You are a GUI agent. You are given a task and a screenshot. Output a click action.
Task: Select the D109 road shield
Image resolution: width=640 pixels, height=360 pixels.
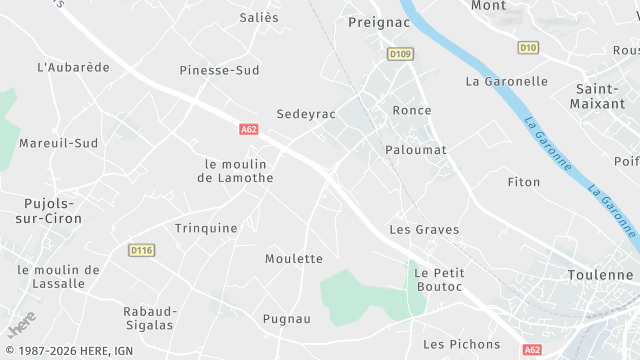[x=400, y=54]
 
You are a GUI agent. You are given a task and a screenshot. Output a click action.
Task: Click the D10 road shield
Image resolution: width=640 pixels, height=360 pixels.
[x=528, y=47]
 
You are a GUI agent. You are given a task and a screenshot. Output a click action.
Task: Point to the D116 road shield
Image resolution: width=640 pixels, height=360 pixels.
[x=141, y=250]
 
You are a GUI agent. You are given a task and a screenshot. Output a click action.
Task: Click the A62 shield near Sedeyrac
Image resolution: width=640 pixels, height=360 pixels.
[x=250, y=129]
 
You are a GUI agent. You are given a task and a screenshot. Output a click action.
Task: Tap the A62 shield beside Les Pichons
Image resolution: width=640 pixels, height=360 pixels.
[x=532, y=349]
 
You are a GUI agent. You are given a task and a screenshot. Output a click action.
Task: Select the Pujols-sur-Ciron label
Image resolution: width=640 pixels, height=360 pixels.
[x=50, y=210]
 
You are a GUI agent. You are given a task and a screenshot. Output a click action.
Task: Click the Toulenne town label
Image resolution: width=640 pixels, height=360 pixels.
[x=599, y=274]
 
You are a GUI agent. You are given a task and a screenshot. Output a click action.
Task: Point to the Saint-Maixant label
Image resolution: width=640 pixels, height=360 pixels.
[x=597, y=95]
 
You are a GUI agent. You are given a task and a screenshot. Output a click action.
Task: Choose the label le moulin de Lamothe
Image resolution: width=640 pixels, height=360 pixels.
[x=239, y=170]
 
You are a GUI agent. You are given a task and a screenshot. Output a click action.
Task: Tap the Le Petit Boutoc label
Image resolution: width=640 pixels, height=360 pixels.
[x=437, y=279]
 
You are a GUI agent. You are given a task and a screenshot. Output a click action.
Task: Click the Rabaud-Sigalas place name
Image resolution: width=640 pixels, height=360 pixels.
[x=149, y=317]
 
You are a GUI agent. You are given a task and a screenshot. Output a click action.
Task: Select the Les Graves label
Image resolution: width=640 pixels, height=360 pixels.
[x=424, y=229]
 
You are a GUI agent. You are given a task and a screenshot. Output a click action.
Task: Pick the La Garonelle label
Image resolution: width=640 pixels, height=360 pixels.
[x=507, y=81]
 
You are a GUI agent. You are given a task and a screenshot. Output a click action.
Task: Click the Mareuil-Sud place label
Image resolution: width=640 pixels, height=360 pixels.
[x=58, y=143]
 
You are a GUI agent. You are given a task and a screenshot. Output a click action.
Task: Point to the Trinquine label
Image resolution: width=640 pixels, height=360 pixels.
[x=206, y=228]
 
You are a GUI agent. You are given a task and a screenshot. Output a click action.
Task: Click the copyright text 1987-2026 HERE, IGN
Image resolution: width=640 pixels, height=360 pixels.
[x=68, y=351]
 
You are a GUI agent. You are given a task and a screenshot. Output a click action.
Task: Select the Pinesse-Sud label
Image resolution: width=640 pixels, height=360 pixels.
[x=219, y=70]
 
